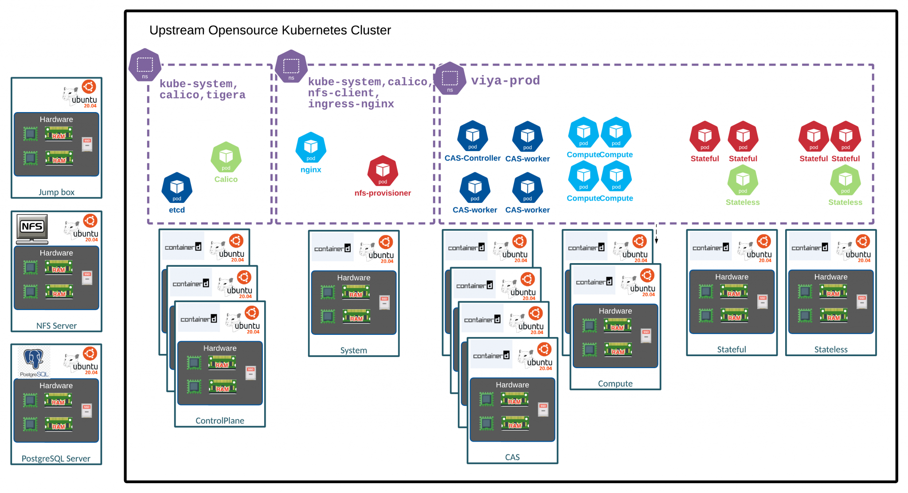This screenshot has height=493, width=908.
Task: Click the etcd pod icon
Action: click(177, 187)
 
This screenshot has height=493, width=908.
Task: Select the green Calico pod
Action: click(226, 157)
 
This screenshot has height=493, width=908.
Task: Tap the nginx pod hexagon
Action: click(311, 147)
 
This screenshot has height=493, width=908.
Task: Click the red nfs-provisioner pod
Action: click(383, 171)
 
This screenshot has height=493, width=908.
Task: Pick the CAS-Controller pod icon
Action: click(473, 136)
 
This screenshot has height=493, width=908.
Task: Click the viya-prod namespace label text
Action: click(505, 81)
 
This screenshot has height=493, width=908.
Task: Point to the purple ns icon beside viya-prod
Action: click(450, 78)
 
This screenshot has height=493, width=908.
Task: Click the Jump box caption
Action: click(56, 192)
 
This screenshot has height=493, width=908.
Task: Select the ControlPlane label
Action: click(220, 420)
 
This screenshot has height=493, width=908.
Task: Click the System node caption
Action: click(353, 350)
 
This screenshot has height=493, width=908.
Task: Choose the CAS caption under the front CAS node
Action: click(512, 457)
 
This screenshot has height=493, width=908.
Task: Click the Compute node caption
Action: click(615, 384)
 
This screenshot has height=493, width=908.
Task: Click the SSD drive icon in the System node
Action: click(384, 303)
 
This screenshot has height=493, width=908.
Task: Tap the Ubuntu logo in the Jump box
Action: click(89, 87)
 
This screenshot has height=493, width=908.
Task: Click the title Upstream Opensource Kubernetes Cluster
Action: click(270, 30)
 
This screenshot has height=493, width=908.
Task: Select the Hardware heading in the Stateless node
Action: click(830, 277)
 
